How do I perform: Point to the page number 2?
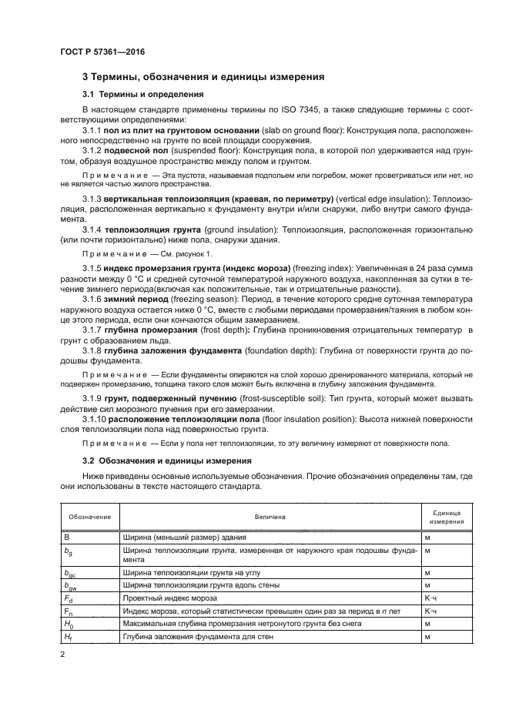tap(64, 655)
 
